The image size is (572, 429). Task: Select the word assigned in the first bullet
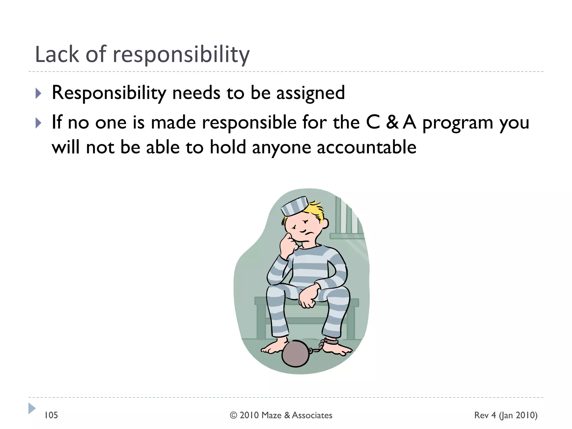click(x=311, y=93)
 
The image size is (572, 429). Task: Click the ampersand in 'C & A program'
click(x=392, y=123)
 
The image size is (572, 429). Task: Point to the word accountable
click(x=366, y=147)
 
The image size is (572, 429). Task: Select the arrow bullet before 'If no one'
click(x=39, y=123)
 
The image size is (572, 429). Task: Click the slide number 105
click(x=51, y=415)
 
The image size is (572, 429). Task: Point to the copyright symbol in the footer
click(x=233, y=415)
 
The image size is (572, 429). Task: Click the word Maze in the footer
click(x=271, y=415)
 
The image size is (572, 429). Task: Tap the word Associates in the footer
click(x=312, y=415)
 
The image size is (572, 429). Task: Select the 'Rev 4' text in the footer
click(x=485, y=415)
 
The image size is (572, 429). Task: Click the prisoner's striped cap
click(x=295, y=206)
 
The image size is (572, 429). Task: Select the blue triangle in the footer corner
click(x=32, y=408)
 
